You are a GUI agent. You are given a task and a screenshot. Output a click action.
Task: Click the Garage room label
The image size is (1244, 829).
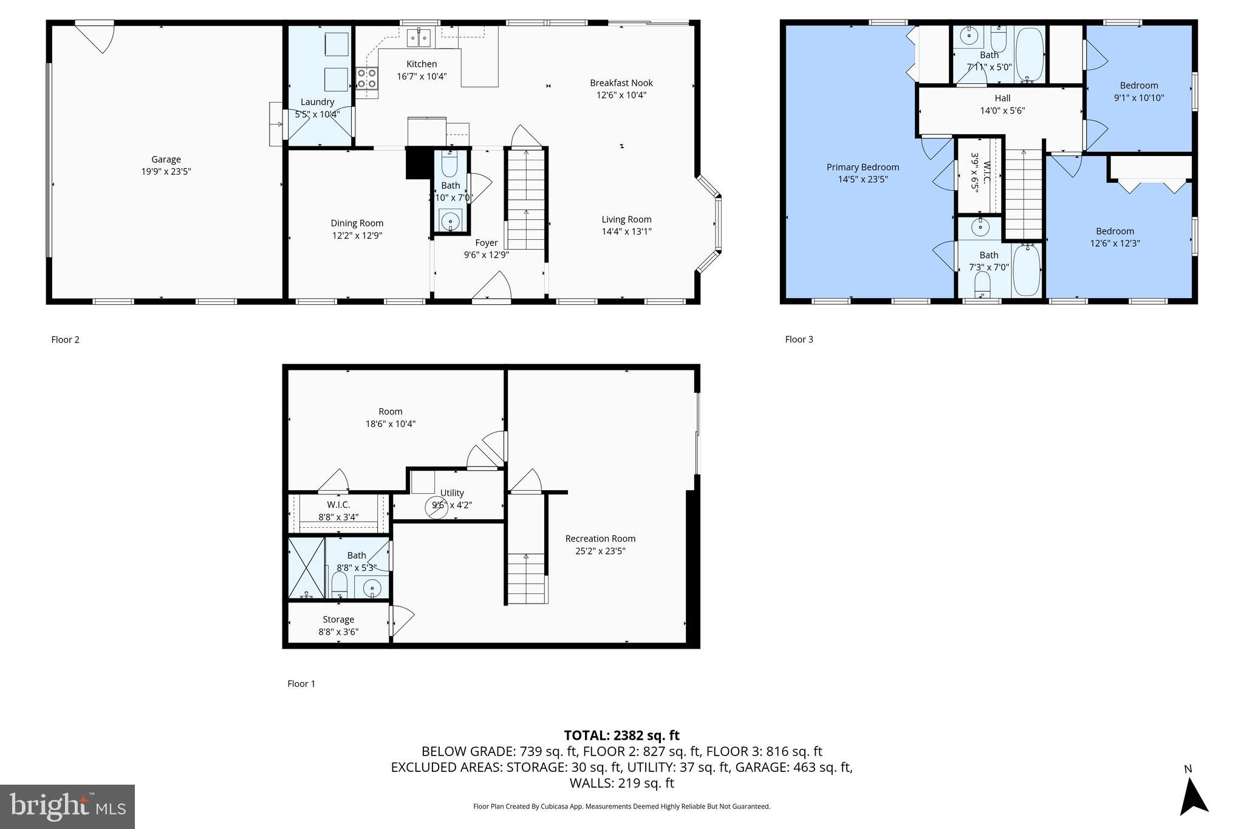point(166,160)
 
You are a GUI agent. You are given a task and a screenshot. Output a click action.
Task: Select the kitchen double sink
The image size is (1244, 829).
point(419,38)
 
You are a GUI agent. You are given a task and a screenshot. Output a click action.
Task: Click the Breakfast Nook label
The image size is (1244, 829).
point(621,83)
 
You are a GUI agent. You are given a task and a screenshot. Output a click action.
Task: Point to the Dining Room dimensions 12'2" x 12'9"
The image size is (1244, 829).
point(357,236)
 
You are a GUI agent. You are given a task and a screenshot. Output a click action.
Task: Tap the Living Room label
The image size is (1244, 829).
point(626,219)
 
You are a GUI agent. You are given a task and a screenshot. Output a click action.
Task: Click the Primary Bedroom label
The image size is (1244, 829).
point(863,167)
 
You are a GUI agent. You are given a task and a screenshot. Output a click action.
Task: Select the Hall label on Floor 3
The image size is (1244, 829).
point(1002,98)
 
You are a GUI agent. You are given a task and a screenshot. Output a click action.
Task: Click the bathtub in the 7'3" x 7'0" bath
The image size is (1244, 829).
point(1027,270)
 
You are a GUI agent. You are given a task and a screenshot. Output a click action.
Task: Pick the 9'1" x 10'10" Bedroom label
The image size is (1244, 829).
point(1138,86)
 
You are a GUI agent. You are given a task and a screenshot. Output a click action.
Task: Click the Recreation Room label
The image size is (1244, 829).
point(600,539)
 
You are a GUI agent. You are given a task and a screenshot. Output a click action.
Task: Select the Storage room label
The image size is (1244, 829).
point(338,619)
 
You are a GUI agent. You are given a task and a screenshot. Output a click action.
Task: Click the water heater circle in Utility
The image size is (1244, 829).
point(436,507)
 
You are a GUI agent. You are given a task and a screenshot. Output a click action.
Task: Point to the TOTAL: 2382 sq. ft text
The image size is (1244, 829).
point(621,735)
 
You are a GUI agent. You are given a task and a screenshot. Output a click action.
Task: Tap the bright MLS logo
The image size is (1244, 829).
point(67,807)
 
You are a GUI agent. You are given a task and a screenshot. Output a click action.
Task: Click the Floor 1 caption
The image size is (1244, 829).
point(301,684)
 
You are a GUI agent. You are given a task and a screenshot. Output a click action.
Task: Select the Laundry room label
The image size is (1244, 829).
point(317,102)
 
